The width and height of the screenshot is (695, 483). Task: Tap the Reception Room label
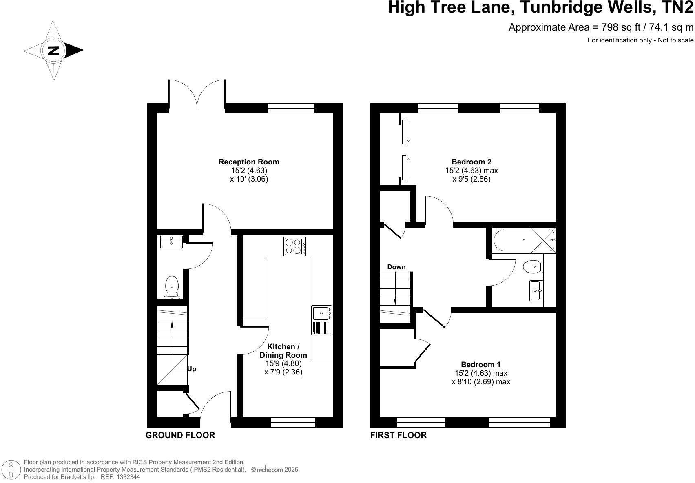tap(249, 162)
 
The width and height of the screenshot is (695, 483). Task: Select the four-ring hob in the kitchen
tap(294, 246)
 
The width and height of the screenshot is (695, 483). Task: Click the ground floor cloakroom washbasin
tap(172, 242)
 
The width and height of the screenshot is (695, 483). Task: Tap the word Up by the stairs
tap(192, 369)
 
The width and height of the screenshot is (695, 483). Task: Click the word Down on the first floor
tap(396, 267)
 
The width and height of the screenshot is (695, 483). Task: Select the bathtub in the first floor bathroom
tap(524, 241)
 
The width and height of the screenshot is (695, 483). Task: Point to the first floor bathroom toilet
tap(533, 267)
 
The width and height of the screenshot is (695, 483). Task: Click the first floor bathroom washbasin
tap(535, 291)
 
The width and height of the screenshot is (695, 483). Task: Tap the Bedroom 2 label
tap(471, 162)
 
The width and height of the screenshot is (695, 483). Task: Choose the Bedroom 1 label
tap(480, 365)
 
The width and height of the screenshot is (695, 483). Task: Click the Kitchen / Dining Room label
tap(283, 351)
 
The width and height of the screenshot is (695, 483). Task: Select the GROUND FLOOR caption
tap(180, 435)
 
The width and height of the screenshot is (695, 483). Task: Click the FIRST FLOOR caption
tap(398, 435)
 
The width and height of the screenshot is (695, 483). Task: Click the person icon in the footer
tap(12, 470)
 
